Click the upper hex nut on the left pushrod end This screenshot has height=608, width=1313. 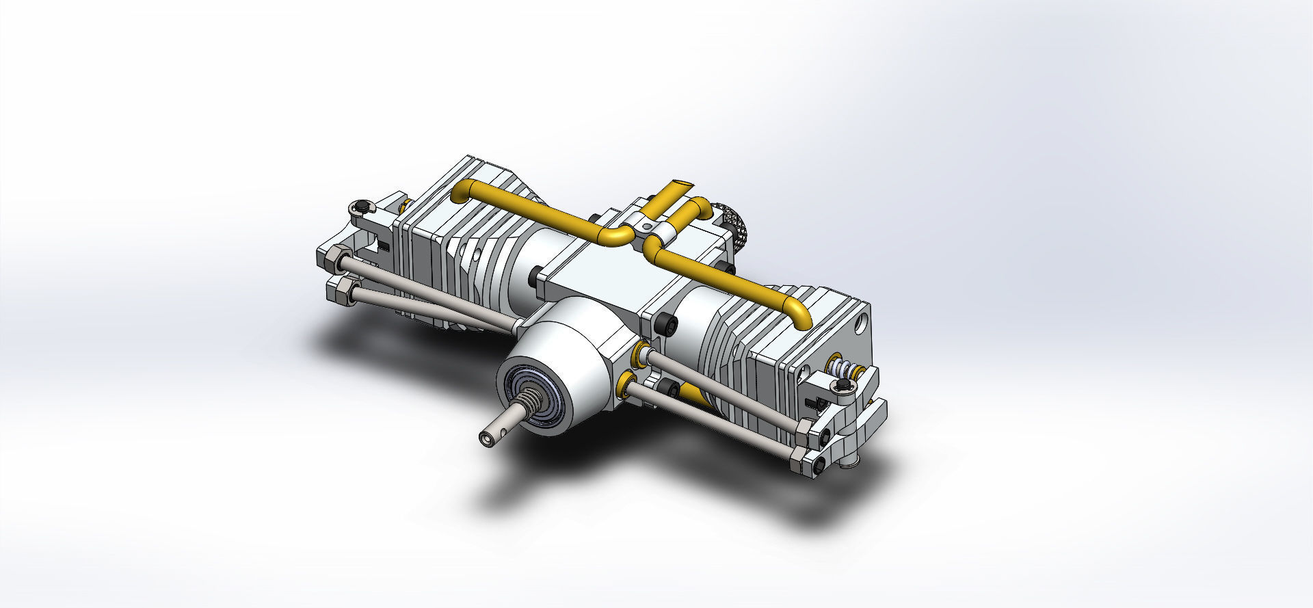point(332,259)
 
